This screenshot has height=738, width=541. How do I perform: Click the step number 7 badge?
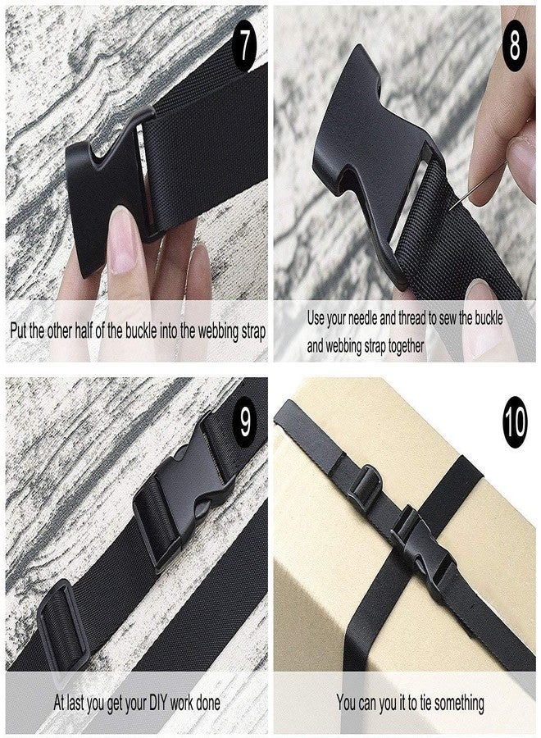[x=244, y=46]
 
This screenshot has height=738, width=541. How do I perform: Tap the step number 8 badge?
[x=514, y=46]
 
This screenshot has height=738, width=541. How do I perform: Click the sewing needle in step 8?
[x=478, y=185]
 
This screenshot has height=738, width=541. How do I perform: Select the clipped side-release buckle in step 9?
[x=184, y=491]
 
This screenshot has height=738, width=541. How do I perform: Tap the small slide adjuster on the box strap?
[x=364, y=485]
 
